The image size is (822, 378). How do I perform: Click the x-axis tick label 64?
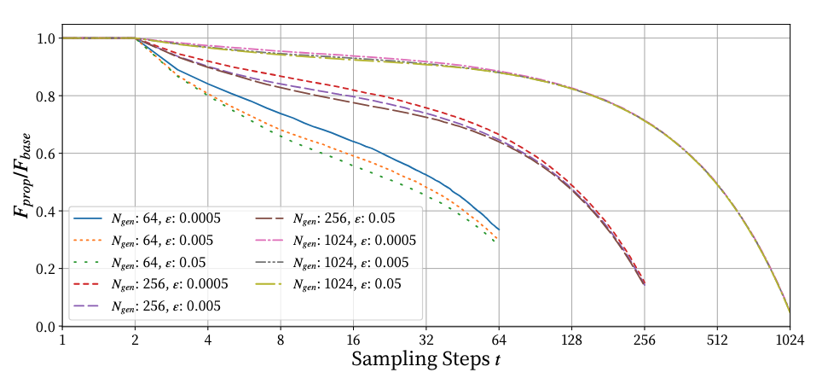click(499, 340)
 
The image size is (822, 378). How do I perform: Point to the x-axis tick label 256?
click(645, 340)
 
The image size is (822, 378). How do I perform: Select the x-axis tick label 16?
click(354, 340)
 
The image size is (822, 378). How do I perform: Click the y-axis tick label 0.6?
click(43, 154)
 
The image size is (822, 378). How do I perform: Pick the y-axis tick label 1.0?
click(43, 38)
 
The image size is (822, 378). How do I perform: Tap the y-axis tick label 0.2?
click(43, 269)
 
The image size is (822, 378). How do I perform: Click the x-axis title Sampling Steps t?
click(425, 359)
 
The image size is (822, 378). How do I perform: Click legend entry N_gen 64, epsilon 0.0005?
click(159, 218)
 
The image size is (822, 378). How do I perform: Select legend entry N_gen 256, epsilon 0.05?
click(344, 218)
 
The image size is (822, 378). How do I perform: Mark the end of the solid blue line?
click(499, 230)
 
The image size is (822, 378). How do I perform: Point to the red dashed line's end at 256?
click(645, 282)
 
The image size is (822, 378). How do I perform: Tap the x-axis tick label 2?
click(136, 340)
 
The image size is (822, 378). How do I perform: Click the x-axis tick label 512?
click(717, 340)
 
